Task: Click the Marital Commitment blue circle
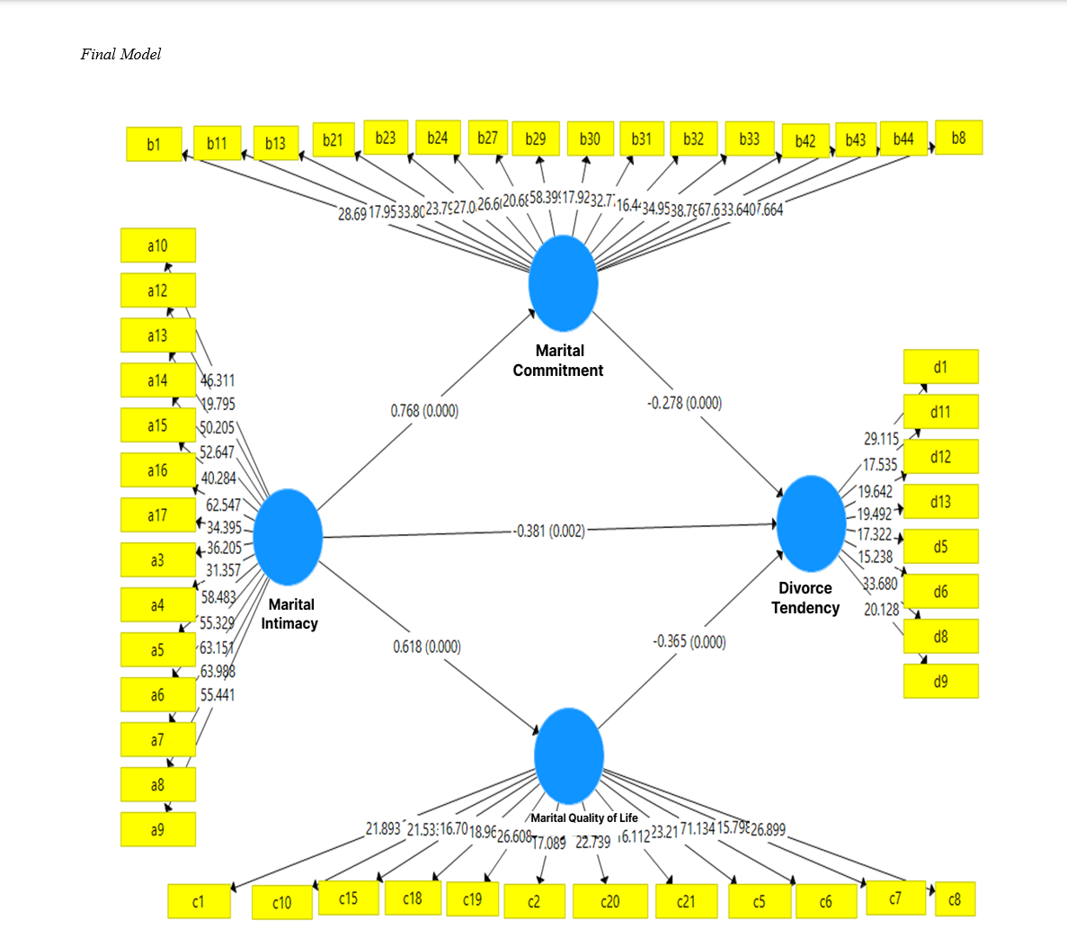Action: click(564, 283)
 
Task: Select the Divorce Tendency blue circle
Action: click(811, 523)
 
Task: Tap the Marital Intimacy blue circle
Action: click(288, 537)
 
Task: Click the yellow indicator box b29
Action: click(536, 139)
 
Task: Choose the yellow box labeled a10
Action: click(157, 246)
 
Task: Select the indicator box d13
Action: click(940, 502)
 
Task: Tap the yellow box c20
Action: click(609, 901)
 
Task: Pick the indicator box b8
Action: click(958, 138)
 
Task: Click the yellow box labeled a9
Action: click(157, 829)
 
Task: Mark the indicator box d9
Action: click(940, 682)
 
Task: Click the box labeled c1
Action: click(199, 901)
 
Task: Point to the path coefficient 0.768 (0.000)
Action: click(424, 411)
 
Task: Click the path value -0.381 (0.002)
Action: click(549, 531)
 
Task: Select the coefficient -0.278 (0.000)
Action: click(684, 403)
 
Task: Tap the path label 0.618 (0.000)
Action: click(427, 647)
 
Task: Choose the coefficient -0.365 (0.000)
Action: click(689, 641)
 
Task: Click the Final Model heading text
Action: click(120, 54)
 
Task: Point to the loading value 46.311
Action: click(218, 380)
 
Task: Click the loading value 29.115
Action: click(881, 439)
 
